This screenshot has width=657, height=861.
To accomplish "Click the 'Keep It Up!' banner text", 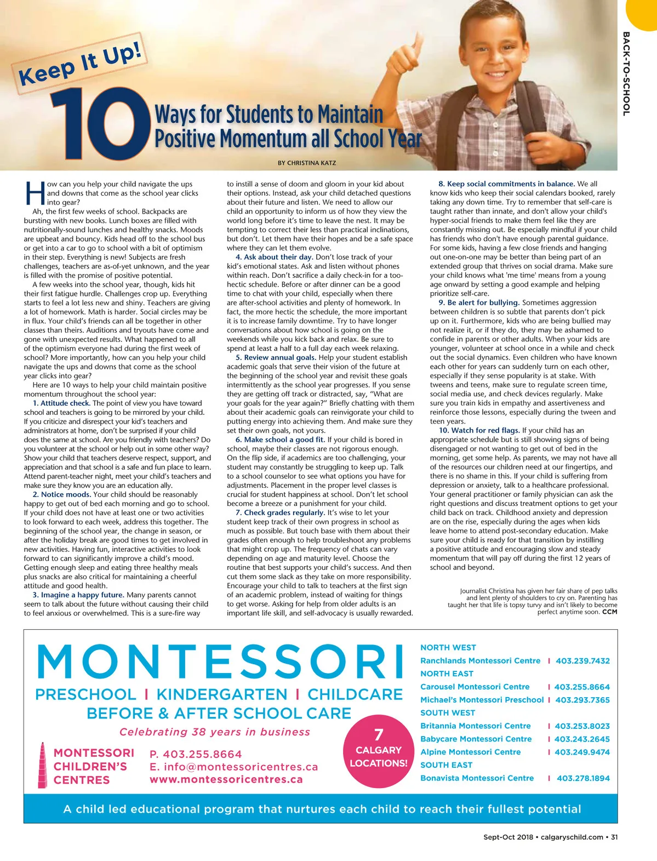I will [81, 65].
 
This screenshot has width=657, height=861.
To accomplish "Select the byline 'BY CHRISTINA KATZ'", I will [307, 163].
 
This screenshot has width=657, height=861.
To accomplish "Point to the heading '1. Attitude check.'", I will [61, 403].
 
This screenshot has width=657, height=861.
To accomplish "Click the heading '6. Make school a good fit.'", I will [280, 440].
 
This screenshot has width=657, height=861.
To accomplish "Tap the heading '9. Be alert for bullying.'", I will [478, 303].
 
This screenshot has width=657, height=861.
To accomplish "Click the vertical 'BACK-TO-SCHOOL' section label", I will [626, 73].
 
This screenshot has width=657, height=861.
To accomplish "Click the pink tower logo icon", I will [42, 766].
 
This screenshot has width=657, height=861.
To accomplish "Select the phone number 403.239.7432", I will [582, 661].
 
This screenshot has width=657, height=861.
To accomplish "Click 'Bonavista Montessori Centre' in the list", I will [477, 778].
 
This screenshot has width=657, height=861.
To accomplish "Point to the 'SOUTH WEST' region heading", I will [448, 713].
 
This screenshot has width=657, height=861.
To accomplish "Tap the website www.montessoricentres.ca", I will [226, 779].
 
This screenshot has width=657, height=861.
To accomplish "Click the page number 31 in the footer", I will [614, 837].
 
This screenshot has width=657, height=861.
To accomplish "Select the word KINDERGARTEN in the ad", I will [222, 695].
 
